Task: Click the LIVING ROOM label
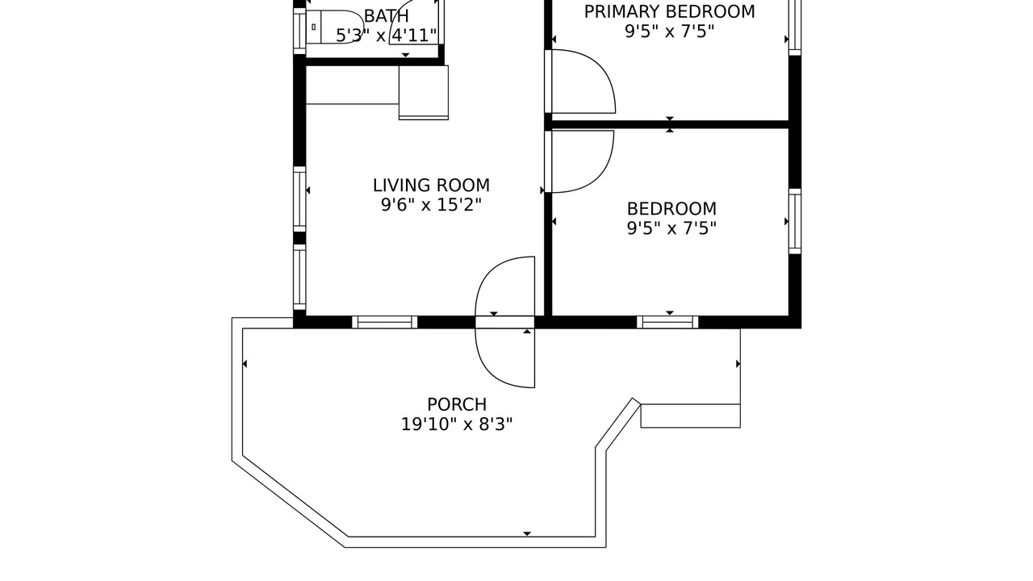[431, 186]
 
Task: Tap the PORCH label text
[457, 404]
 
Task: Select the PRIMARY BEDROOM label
[670, 12]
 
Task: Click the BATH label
[387, 16]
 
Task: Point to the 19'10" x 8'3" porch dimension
[457, 424]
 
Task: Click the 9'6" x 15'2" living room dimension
[431, 205]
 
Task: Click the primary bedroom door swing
[583, 82]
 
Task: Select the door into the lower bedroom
[583, 161]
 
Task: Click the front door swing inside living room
[505, 286]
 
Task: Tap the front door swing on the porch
[505, 357]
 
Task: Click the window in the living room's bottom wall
[385, 322]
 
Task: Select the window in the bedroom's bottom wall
[667, 322]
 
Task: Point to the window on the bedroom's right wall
[795, 221]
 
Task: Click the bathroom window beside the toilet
[299, 31]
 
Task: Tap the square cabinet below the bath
[424, 92]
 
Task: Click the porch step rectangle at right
[690, 416]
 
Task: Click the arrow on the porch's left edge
[245, 364]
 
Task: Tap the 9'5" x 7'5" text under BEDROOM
[671, 228]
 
